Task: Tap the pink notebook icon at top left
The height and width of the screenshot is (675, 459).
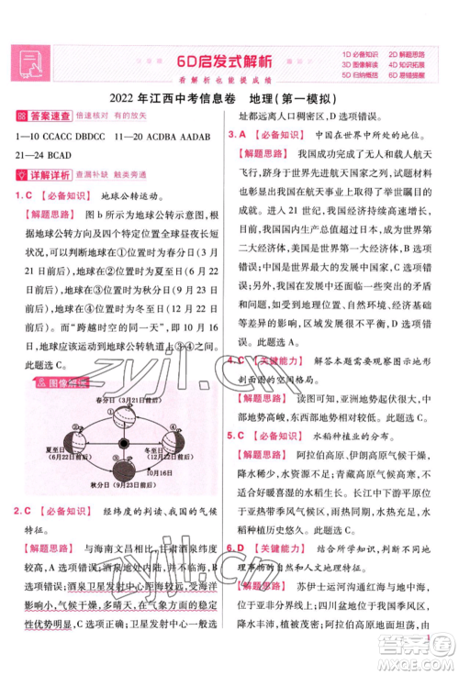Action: tap(28, 61)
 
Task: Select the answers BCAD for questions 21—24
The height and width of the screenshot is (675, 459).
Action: tap(65, 153)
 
